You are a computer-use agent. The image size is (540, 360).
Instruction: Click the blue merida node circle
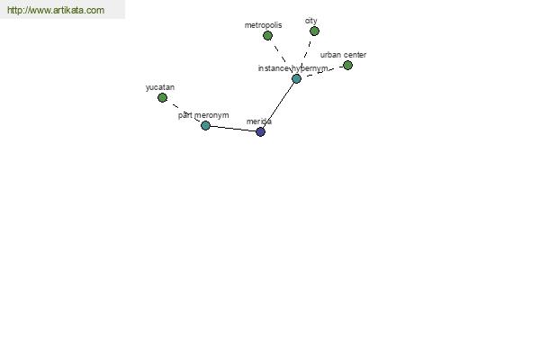click(261, 131)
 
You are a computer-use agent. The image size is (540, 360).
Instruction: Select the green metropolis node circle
click(267, 35)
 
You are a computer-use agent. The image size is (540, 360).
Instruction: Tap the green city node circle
click(314, 31)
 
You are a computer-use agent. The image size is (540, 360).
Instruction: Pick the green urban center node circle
click(347, 65)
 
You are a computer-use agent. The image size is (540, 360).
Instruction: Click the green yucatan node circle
click(162, 97)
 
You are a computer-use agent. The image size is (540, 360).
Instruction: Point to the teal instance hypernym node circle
click(296, 79)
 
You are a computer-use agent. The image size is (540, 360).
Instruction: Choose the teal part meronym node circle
click(205, 125)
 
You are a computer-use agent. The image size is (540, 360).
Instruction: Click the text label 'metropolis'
click(263, 25)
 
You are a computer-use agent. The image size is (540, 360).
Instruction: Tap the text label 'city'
click(311, 21)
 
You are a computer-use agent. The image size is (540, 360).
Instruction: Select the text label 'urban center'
click(343, 55)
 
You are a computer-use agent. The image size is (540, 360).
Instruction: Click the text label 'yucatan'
click(160, 87)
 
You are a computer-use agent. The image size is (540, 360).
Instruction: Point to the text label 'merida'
click(259, 121)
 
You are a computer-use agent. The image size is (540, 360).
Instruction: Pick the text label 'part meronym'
click(203, 115)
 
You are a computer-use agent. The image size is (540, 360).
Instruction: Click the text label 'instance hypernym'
click(292, 68)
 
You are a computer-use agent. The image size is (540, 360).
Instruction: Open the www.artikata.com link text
click(56, 10)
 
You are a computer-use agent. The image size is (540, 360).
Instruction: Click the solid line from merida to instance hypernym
click(278, 105)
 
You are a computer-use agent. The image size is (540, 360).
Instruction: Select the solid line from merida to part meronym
click(233, 129)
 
